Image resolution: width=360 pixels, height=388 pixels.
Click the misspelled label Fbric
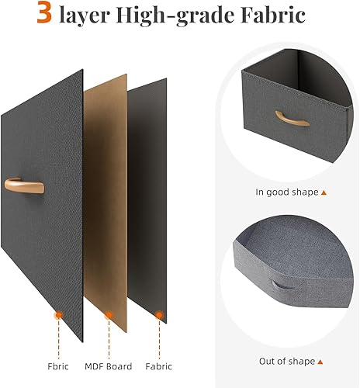click(57, 366)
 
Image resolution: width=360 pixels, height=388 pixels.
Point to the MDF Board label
click(108, 366)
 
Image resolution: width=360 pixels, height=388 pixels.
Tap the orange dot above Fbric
click(58, 315)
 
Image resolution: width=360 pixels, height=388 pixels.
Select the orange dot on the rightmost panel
click(159, 315)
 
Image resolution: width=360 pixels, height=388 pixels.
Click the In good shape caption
click(286, 192)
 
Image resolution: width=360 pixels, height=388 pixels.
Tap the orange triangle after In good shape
click(324, 192)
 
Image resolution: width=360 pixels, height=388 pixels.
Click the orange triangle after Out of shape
click(324, 362)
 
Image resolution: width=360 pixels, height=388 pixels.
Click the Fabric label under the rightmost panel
click(158, 366)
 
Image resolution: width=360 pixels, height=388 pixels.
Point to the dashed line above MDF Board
click(109, 338)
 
